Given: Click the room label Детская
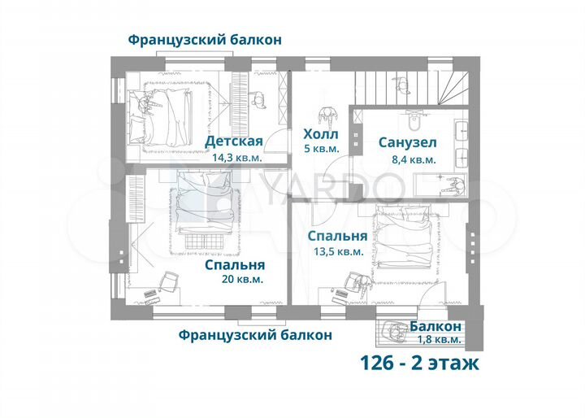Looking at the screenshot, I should click(233, 142).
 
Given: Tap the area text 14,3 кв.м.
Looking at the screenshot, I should click(237, 158).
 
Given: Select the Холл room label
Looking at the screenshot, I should click(320, 134).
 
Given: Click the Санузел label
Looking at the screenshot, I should click(407, 142).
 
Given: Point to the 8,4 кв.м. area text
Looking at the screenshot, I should click(414, 160).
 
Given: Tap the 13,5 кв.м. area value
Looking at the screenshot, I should click(339, 252).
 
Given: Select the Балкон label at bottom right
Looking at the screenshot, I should click(435, 325).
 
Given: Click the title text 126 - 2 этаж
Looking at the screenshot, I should click(419, 363).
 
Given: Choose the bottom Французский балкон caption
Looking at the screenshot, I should click(254, 334).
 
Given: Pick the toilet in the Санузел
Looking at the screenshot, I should click(415, 121).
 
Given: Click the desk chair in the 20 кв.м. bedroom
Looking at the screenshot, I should click(170, 281).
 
